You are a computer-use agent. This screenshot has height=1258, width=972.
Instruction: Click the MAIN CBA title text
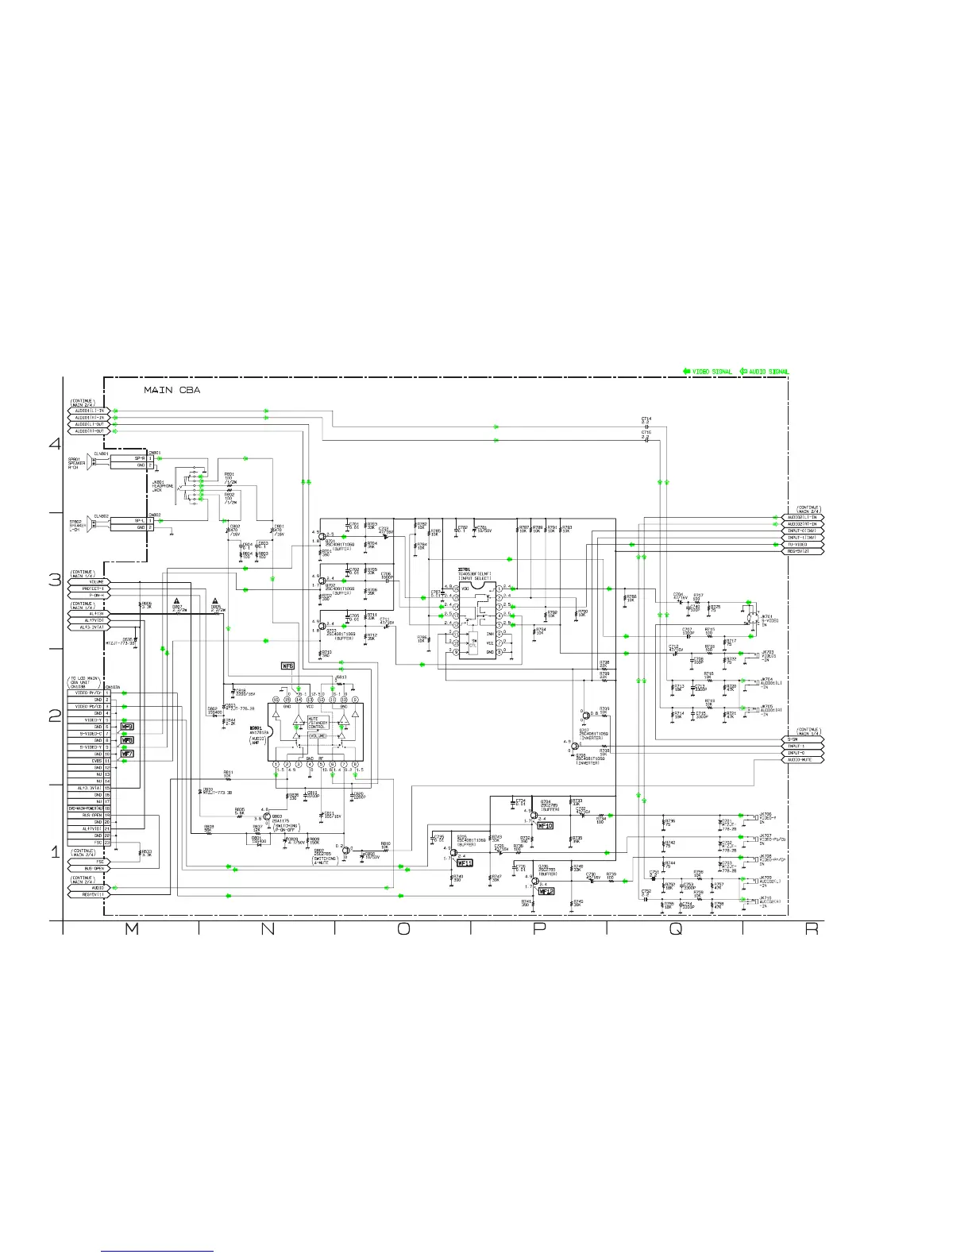click(172, 390)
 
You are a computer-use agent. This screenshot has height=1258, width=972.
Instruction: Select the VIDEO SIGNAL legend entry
click(708, 372)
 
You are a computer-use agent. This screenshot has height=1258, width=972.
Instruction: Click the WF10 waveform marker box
click(545, 826)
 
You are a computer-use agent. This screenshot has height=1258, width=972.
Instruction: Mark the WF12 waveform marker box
click(545, 891)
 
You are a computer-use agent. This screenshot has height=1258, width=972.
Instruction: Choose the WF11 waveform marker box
click(465, 862)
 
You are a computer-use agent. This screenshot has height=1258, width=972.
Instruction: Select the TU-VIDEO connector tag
click(804, 544)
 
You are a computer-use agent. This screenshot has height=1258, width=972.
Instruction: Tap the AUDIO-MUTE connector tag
click(804, 760)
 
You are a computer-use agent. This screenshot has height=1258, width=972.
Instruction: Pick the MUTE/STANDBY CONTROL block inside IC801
click(317, 722)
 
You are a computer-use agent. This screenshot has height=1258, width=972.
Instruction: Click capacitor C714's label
click(646, 420)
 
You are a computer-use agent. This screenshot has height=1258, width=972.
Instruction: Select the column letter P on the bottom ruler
click(538, 929)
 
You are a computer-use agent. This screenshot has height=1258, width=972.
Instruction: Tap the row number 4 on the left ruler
click(55, 444)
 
